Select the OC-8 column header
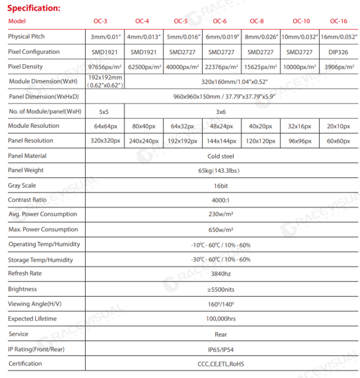256,21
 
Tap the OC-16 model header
338,21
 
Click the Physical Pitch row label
27,37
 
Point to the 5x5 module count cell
104,111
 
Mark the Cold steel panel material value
220,156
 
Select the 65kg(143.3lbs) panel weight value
220,170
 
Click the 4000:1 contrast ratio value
220,200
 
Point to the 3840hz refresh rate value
220,273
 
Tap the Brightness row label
23,289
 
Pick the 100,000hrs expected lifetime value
220,319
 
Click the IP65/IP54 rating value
220,350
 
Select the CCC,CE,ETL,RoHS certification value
220,364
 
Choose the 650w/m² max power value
220,230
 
